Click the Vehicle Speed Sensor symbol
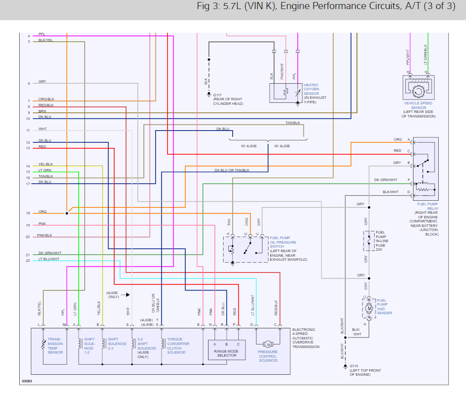click(x=419, y=87)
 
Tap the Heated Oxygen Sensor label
click(x=315, y=93)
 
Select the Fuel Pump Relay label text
click(x=428, y=206)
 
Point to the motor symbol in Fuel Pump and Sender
click(x=370, y=309)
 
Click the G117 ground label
click(x=228, y=99)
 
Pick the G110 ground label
click(x=365, y=370)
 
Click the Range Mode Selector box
click(x=227, y=350)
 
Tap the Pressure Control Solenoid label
click(x=268, y=356)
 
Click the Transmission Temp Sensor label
click(x=55, y=346)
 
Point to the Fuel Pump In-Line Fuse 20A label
click(x=382, y=241)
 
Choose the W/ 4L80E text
click(x=249, y=146)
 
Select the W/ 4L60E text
click(x=282, y=146)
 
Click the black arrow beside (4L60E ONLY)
click(x=127, y=295)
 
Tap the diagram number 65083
click(x=27, y=381)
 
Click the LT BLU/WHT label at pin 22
click(x=49, y=259)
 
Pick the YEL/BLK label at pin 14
click(x=45, y=164)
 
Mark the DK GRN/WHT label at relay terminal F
click(x=386, y=180)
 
